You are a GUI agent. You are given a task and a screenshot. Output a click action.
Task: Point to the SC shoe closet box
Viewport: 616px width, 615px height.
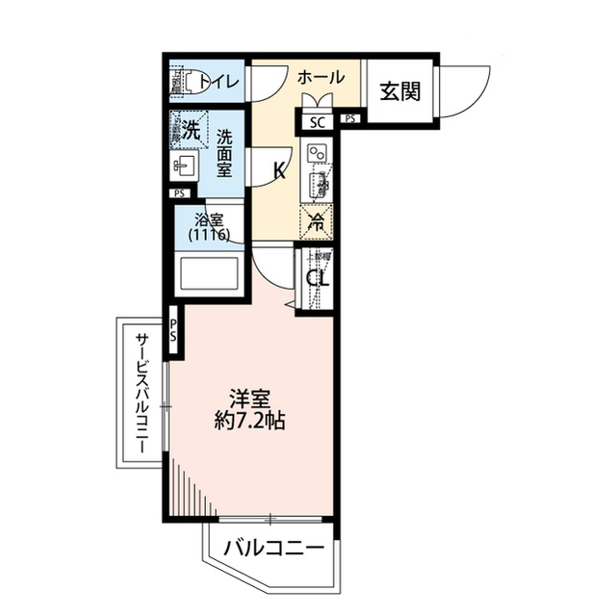317,120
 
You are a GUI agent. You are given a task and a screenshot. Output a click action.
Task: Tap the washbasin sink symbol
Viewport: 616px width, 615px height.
183,168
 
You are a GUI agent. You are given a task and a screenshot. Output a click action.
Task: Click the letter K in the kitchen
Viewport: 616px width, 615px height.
280,172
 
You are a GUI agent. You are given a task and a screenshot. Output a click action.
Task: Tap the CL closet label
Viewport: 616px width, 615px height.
317,280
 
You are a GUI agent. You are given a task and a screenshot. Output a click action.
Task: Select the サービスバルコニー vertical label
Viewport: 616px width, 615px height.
141,394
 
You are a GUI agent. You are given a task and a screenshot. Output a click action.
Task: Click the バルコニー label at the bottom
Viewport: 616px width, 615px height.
273,550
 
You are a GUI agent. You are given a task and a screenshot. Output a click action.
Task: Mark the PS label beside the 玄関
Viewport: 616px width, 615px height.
348,119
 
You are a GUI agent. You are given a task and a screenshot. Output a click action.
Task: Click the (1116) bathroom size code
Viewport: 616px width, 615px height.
209,235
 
